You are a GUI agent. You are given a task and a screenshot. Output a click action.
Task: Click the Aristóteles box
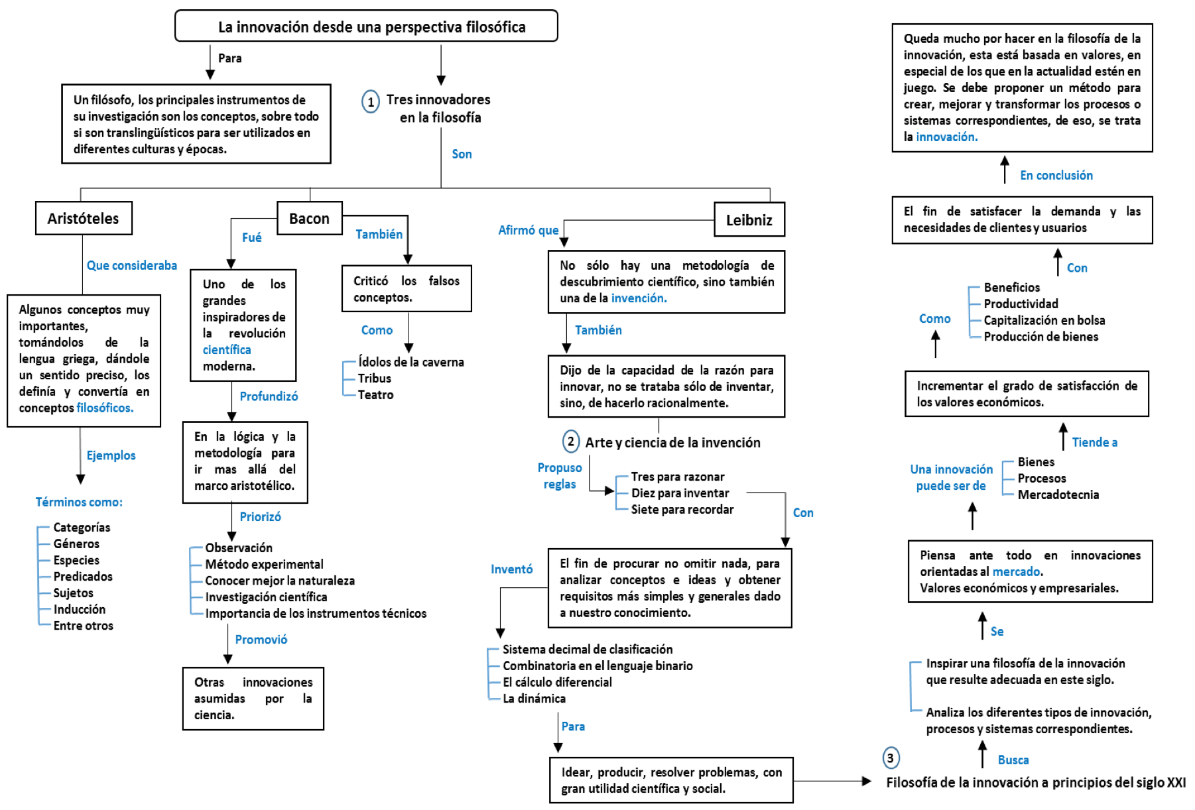click(x=84, y=218)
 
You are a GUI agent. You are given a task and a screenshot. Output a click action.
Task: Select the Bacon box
click(x=309, y=218)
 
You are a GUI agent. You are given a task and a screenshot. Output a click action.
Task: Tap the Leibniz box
click(x=749, y=219)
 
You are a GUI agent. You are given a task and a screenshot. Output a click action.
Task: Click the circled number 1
click(x=371, y=101)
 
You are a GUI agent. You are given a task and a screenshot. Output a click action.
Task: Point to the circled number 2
click(x=571, y=441)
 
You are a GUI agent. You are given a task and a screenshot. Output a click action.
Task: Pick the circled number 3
click(x=891, y=758)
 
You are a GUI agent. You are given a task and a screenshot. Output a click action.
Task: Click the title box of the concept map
click(x=366, y=27)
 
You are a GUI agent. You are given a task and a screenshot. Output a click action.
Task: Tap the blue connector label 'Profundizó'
click(x=269, y=396)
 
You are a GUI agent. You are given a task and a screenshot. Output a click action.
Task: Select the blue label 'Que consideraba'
click(x=132, y=265)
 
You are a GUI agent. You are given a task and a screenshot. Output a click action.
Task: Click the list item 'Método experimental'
click(x=264, y=564)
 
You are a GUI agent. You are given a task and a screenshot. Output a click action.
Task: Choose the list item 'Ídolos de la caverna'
click(x=411, y=362)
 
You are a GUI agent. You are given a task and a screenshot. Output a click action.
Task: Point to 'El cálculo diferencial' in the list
click(x=557, y=682)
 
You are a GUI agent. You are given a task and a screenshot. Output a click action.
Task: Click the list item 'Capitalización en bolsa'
click(x=1044, y=320)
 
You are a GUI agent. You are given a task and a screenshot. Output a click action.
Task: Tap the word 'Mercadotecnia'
click(x=1058, y=494)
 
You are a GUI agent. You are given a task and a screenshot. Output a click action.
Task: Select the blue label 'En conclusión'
click(x=1056, y=175)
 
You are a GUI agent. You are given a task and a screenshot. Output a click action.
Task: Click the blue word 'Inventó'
click(x=511, y=569)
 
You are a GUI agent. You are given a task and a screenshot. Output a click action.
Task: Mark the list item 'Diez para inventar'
click(x=680, y=493)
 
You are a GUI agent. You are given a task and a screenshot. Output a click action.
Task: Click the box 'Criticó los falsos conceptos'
click(x=407, y=288)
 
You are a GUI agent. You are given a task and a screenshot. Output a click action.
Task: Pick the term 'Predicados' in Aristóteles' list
click(x=83, y=577)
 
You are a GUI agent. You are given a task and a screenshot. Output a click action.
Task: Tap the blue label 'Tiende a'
click(x=1095, y=442)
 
